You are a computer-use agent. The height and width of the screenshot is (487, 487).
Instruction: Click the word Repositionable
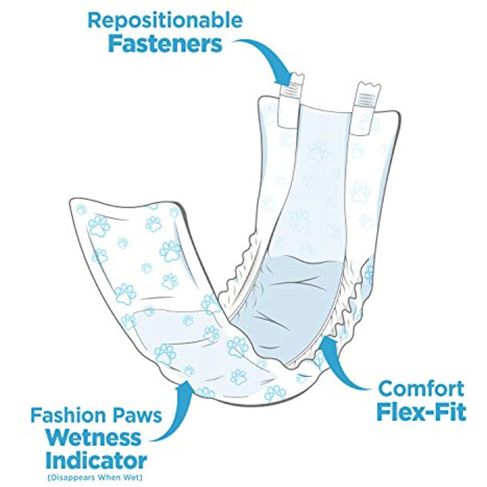165,21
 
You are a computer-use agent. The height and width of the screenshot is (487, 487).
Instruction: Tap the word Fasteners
165,44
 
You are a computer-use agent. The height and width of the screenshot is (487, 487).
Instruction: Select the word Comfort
420,389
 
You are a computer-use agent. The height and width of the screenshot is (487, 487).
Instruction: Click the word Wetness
94,438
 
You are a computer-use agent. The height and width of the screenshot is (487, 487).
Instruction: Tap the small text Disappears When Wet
95,477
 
